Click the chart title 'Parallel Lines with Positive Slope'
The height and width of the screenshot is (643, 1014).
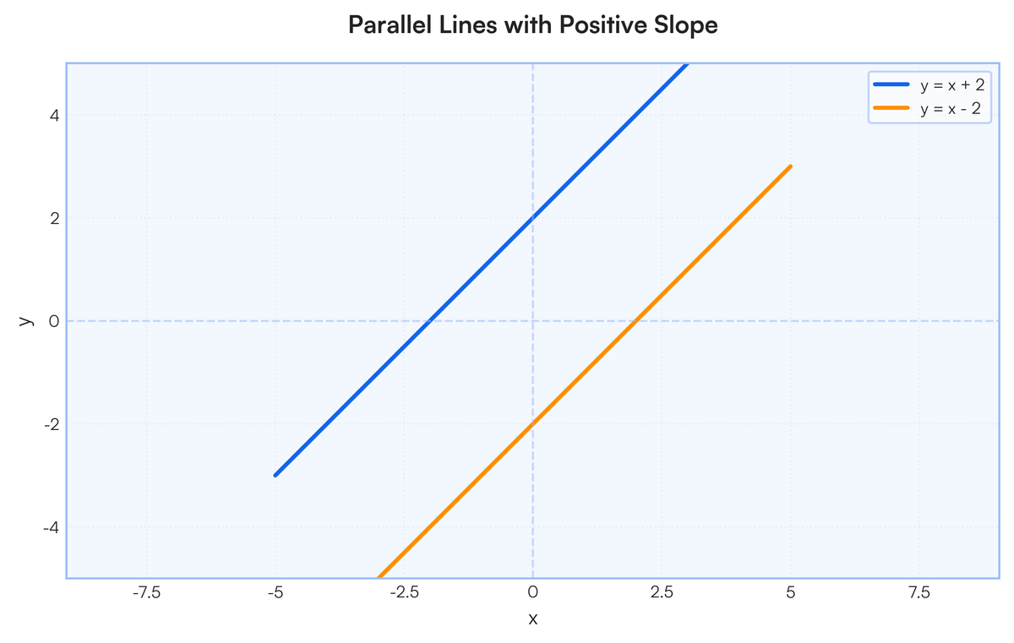click(x=533, y=25)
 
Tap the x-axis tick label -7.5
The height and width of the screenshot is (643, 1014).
click(x=146, y=592)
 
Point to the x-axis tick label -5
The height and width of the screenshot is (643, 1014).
click(x=275, y=592)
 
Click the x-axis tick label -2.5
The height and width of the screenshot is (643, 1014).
click(x=404, y=592)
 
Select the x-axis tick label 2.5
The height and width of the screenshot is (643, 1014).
click(x=662, y=592)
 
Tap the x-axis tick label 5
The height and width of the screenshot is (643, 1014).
click(x=791, y=592)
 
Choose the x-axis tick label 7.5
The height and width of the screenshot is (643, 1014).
click(x=919, y=592)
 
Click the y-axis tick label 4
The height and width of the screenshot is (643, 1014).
click(x=55, y=116)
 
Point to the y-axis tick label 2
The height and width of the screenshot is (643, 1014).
click(x=55, y=219)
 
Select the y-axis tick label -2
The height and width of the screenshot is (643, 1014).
click(x=52, y=425)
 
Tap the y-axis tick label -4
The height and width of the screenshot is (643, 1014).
click(x=52, y=527)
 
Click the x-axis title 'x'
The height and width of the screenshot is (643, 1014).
click(x=533, y=618)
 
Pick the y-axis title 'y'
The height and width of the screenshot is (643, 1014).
click(x=26, y=321)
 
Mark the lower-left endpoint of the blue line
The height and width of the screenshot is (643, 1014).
click(x=275, y=475)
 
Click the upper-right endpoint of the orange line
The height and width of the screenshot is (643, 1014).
click(x=790, y=166)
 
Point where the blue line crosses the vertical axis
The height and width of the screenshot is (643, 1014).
click(x=533, y=218)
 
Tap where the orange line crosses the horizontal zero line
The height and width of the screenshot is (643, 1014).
click(x=636, y=321)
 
